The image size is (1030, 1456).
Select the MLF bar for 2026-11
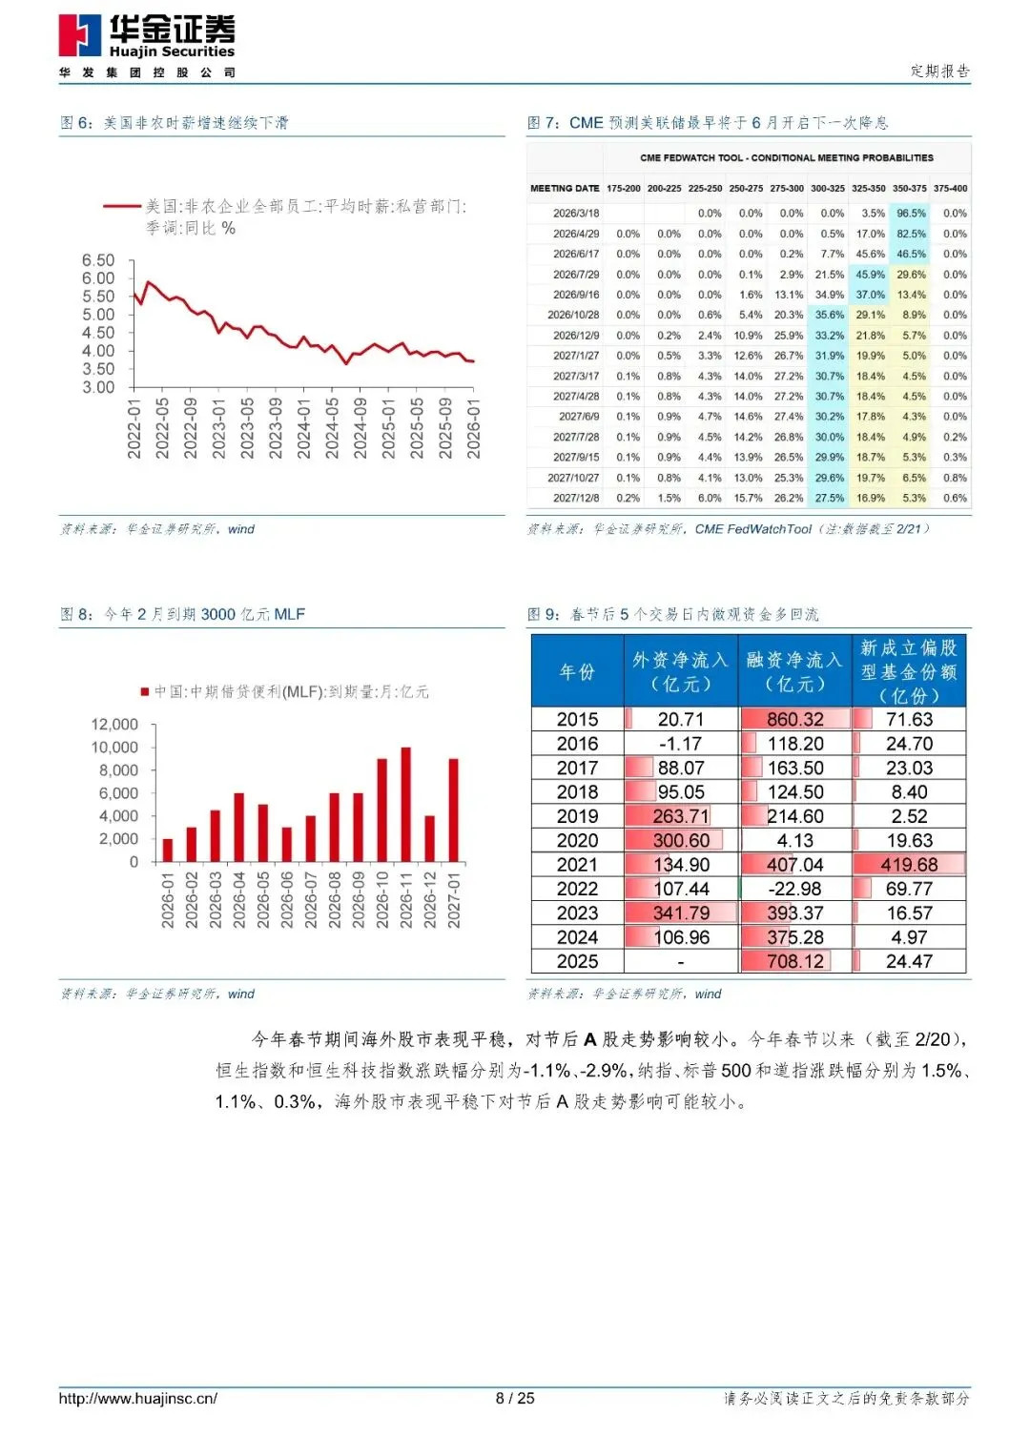point(405,804)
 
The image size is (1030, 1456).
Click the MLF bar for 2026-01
point(168,850)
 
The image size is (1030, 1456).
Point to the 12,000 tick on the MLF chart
point(114,725)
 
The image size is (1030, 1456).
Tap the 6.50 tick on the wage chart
point(98,260)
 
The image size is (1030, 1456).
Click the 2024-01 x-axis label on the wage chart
point(303,428)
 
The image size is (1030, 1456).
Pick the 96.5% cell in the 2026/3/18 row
point(911,214)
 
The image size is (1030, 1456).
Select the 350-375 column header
point(910,189)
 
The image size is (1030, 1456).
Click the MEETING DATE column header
point(565,189)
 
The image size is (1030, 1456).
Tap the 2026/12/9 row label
point(576,336)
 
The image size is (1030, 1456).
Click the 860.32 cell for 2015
point(795,720)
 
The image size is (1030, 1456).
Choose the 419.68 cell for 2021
point(909,865)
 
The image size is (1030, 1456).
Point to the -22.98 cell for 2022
point(795,889)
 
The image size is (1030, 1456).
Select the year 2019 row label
point(577,816)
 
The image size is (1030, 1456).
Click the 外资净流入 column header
point(681,671)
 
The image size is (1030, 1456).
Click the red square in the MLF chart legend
point(145,691)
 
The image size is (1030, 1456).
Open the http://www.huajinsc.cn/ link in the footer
point(138,1399)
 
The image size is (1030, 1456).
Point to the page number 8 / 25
point(515,1399)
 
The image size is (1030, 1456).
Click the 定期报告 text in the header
point(939,71)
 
